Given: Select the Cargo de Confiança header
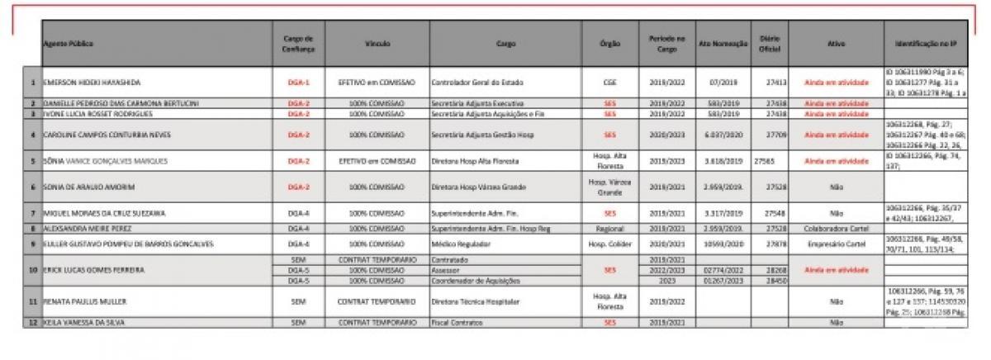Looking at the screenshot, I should pos(298,42).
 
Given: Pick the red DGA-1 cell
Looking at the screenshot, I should pos(298,83).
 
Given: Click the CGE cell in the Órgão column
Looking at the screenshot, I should pos(609,83).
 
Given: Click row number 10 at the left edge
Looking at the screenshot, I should pos(32,270).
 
